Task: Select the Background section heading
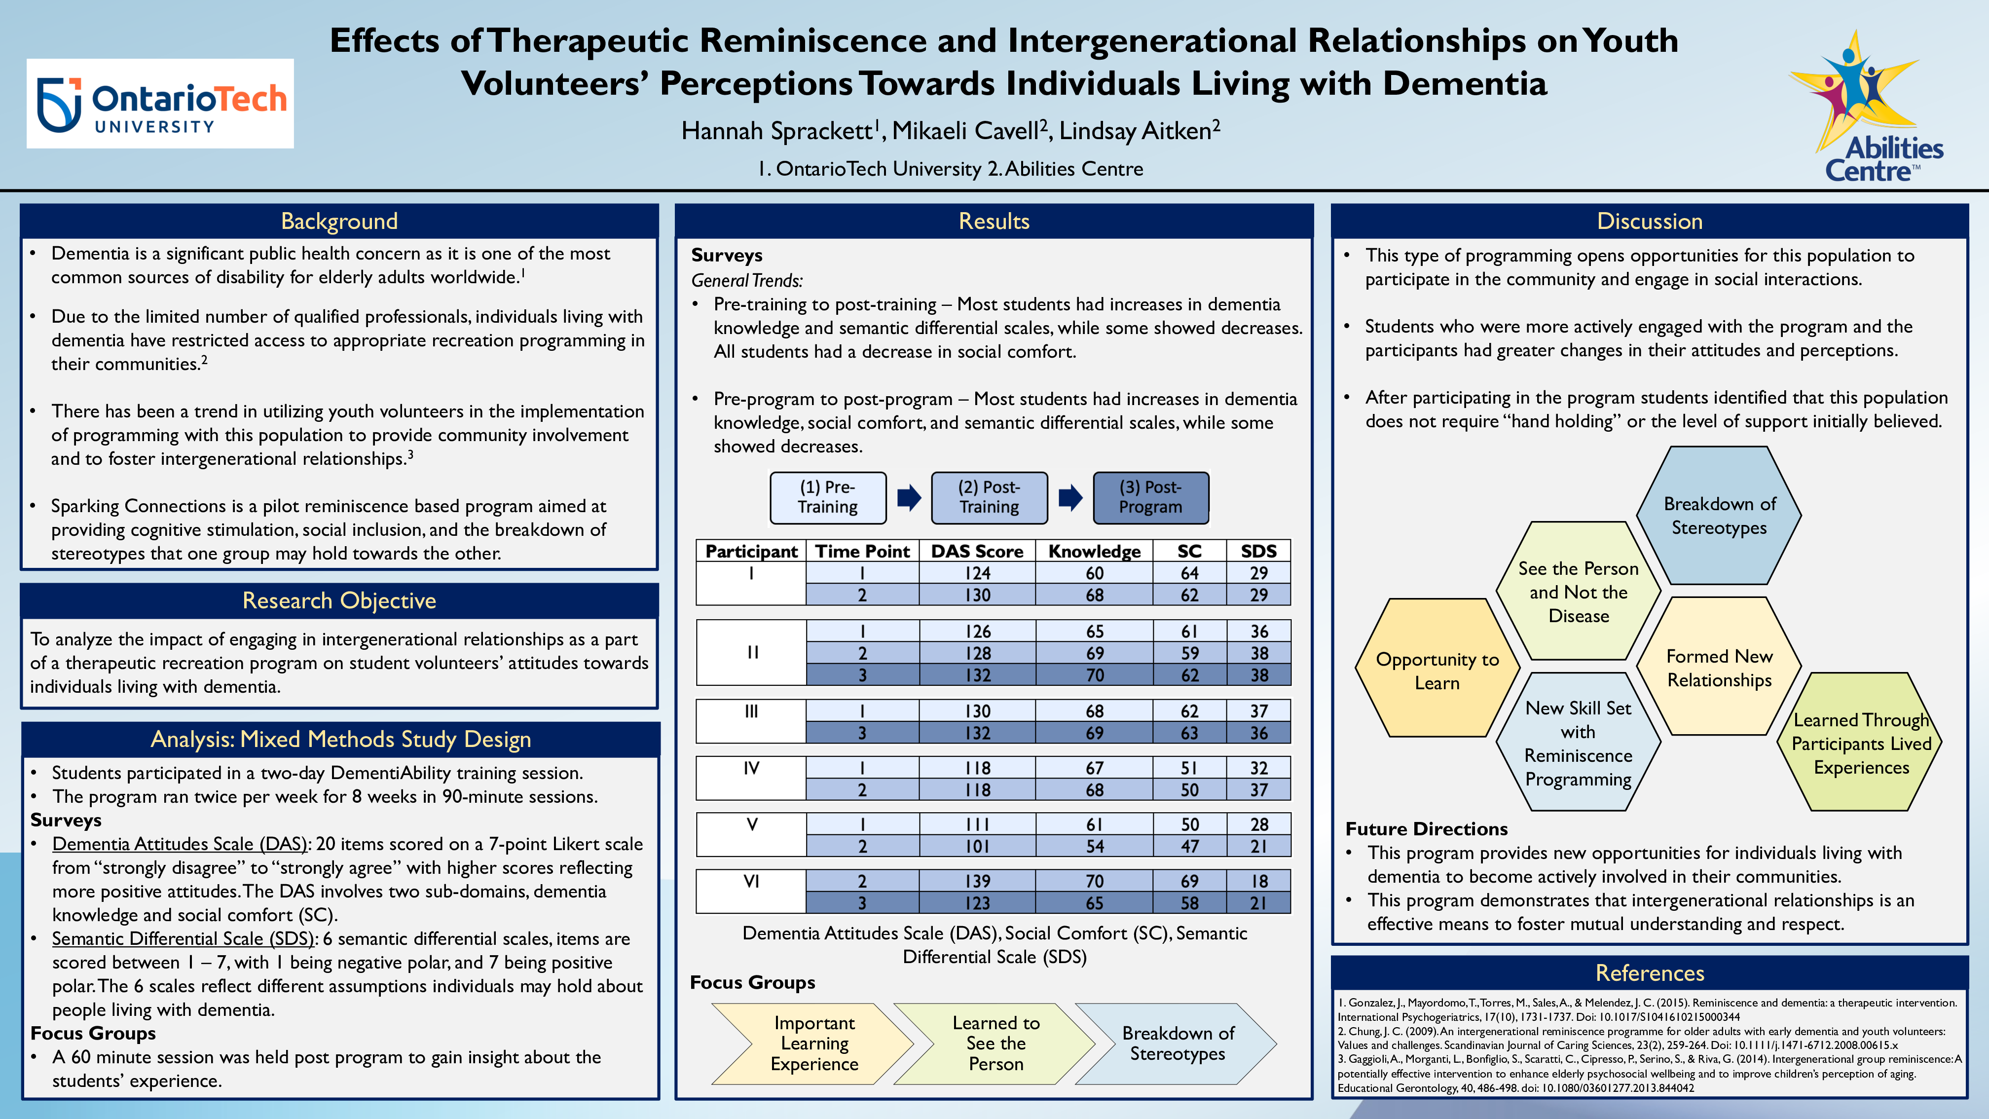coord(339,222)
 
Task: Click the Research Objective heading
coord(339,601)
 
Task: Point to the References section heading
coord(1649,973)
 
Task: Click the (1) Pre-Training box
coord(828,497)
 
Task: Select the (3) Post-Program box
coord(1150,497)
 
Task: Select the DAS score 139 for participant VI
coord(977,881)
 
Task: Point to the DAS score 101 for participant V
coord(977,846)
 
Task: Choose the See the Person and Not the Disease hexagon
coord(1578,592)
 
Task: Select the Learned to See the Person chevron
coord(995,1044)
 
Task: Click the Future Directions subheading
coord(1426,828)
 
